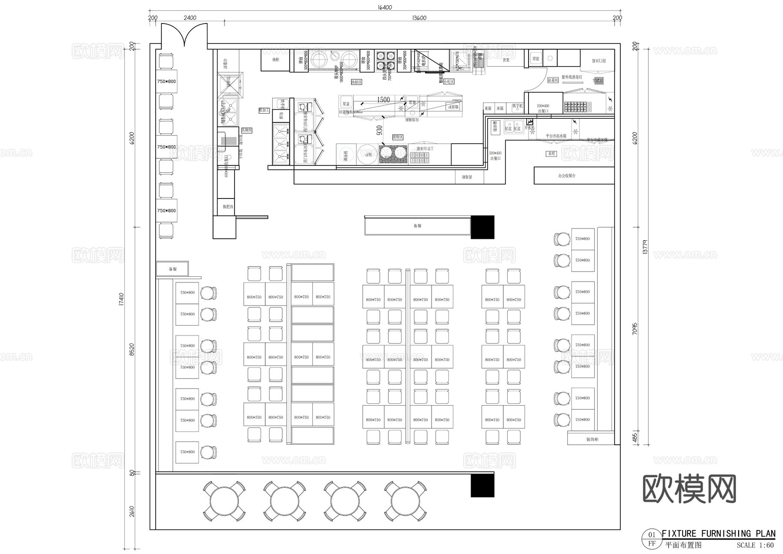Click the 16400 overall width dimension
tap(385, 7)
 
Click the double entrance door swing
tap(184, 35)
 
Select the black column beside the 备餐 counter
tap(482, 227)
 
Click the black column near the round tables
tap(482, 485)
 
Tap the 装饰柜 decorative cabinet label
tap(592, 440)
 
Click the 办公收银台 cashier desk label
tap(567, 176)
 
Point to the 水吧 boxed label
tap(552, 154)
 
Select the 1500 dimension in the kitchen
tap(383, 100)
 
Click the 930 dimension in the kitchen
tap(379, 130)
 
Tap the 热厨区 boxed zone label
tap(356, 82)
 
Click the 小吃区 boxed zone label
tap(448, 82)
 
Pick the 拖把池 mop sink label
tap(228, 206)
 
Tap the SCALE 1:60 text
tap(755, 545)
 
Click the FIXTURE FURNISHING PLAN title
tap(718, 534)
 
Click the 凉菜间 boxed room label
tap(552, 81)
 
